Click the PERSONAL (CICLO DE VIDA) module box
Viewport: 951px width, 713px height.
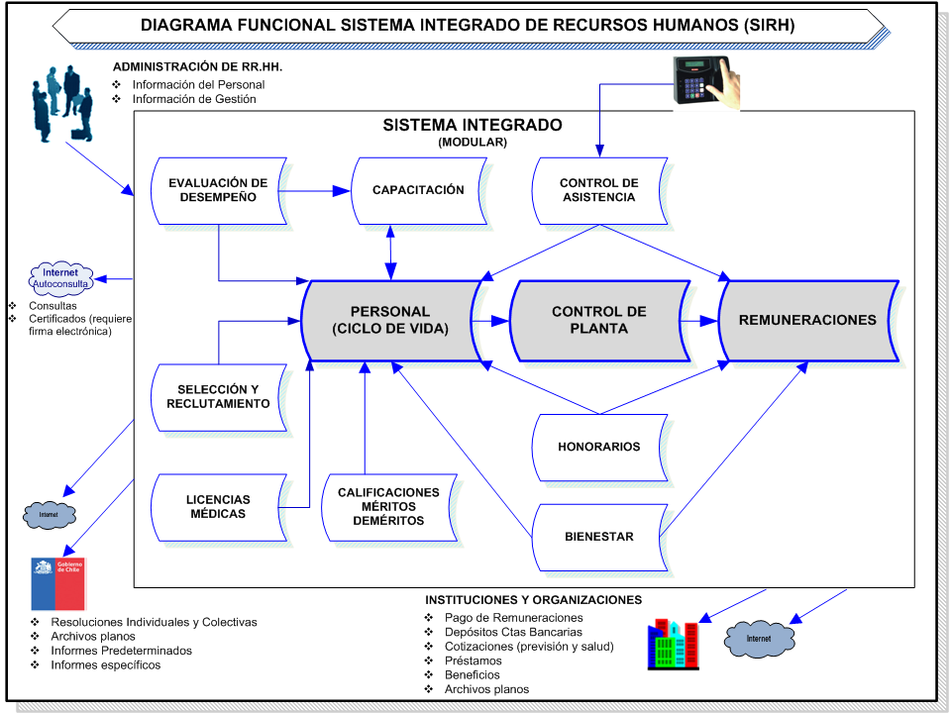coord(391,320)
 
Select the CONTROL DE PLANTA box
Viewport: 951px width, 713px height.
coord(598,320)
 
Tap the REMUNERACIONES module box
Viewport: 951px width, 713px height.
coord(807,320)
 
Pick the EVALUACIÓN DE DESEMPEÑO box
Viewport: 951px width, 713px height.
coord(218,190)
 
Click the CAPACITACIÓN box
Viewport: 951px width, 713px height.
coord(418,190)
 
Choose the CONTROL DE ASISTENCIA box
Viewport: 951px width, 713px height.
coord(598,190)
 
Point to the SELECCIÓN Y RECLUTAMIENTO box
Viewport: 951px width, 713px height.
coord(218,396)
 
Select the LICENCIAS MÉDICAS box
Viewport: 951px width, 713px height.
coord(218,507)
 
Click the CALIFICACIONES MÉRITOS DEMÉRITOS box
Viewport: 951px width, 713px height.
coord(388,507)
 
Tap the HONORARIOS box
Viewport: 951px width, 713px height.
coord(598,447)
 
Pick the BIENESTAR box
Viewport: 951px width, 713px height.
coord(598,537)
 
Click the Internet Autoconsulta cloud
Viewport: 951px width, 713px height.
coord(60,278)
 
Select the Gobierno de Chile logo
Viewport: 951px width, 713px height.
coord(58,582)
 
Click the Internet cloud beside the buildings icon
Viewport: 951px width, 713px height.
coord(759,639)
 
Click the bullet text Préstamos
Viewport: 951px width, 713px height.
coord(474,661)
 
